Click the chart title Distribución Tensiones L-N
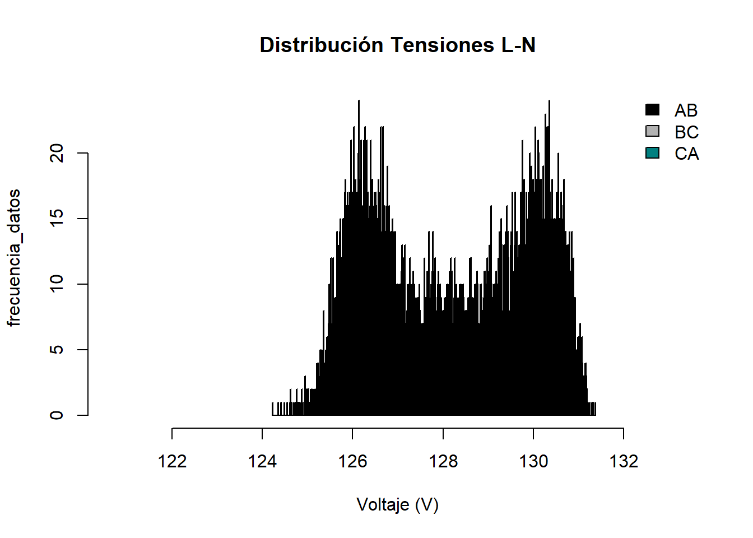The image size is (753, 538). click(397, 45)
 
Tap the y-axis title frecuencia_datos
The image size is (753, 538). click(14, 257)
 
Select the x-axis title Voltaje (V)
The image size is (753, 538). click(397, 505)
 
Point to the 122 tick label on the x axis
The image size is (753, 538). click(172, 461)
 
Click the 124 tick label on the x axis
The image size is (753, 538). click(262, 461)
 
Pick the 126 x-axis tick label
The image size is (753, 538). click(352, 461)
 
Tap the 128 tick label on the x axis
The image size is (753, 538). click(443, 461)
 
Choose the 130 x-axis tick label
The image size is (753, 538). click(533, 461)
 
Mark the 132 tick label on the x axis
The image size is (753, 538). click(624, 461)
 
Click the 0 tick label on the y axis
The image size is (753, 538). click(57, 415)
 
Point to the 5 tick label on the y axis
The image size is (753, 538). click(57, 350)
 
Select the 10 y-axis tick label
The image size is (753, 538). click(57, 284)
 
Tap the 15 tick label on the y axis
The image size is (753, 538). click(57, 219)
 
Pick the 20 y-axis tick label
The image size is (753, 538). click(57, 153)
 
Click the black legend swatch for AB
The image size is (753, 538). click(652, 110)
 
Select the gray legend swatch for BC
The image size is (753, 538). click(652, 131)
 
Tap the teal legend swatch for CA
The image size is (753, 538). click(652, 153)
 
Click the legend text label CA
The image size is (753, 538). click(686, 154)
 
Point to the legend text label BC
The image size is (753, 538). click(686, 132)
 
